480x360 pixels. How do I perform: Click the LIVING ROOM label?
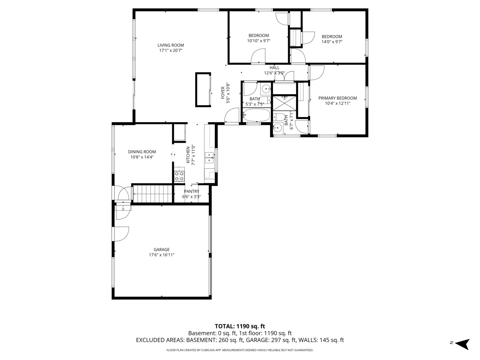tap(171, 45)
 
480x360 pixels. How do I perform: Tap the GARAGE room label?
tap(162, 249)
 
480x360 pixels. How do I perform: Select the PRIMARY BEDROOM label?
tap(338, 98)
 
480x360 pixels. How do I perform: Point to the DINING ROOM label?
tap(142, 152)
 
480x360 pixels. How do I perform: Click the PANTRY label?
tap(192, 191)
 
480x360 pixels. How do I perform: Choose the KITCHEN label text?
tap(188, 155)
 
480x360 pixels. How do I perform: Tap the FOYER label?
tap(223, 93)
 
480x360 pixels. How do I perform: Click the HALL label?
tap(274, 68)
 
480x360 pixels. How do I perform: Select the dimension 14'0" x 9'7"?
tap(332, 42)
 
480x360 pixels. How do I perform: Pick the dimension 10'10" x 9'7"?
tap(259, 41)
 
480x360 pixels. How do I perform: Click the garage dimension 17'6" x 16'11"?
tap(162, 255)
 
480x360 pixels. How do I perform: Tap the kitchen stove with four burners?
tap(179, 177)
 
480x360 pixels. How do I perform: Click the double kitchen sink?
tap(209, 158)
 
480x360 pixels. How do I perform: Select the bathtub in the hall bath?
tap(257, 115)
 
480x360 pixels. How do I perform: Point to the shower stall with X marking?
tap(284, 103)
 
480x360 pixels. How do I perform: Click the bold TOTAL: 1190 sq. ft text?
tap(240, 326)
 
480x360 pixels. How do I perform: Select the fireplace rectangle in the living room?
tap(203, 90)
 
